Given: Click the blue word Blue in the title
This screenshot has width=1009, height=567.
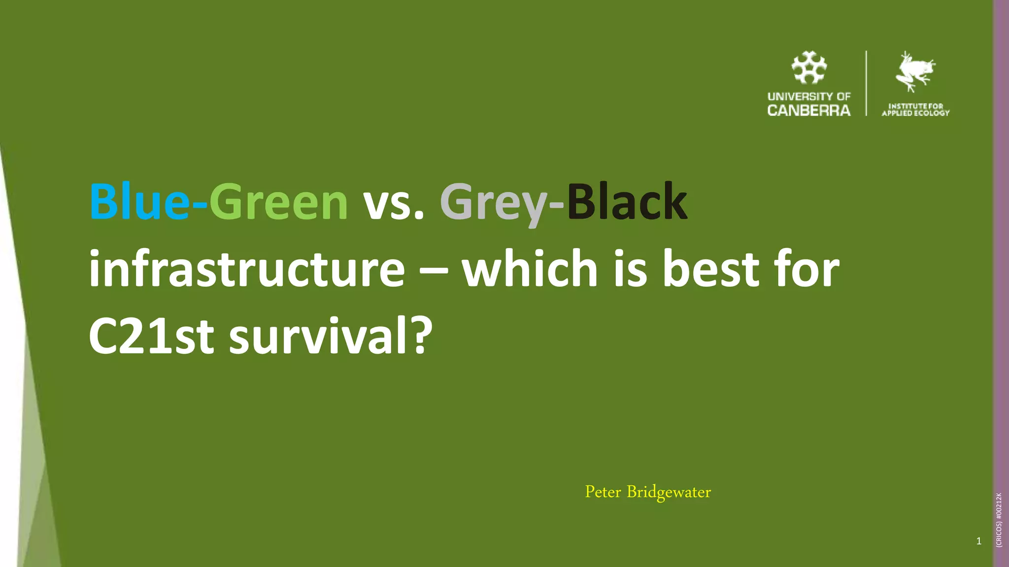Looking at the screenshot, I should [139, 202].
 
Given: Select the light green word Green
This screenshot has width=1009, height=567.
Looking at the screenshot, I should [279, 202].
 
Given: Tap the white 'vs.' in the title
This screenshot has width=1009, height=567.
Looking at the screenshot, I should [393, 202].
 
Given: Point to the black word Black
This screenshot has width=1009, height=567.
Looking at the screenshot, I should [627, 202].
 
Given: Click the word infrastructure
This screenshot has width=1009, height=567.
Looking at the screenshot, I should [246, 269].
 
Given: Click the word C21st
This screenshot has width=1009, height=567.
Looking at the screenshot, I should [151, 337].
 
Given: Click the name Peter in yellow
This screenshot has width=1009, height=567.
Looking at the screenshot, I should [603, 492].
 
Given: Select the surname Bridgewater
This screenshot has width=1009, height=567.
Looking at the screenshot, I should [669, 492].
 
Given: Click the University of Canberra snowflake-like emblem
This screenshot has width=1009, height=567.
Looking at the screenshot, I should [809, 67].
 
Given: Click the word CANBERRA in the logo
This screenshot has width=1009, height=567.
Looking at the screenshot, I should [809, 111].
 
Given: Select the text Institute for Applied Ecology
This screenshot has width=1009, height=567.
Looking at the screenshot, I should [915, 109].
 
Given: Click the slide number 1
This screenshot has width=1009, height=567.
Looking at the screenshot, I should [978, 541].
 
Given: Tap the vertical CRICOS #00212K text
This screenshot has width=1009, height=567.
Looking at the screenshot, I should [999, 520].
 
